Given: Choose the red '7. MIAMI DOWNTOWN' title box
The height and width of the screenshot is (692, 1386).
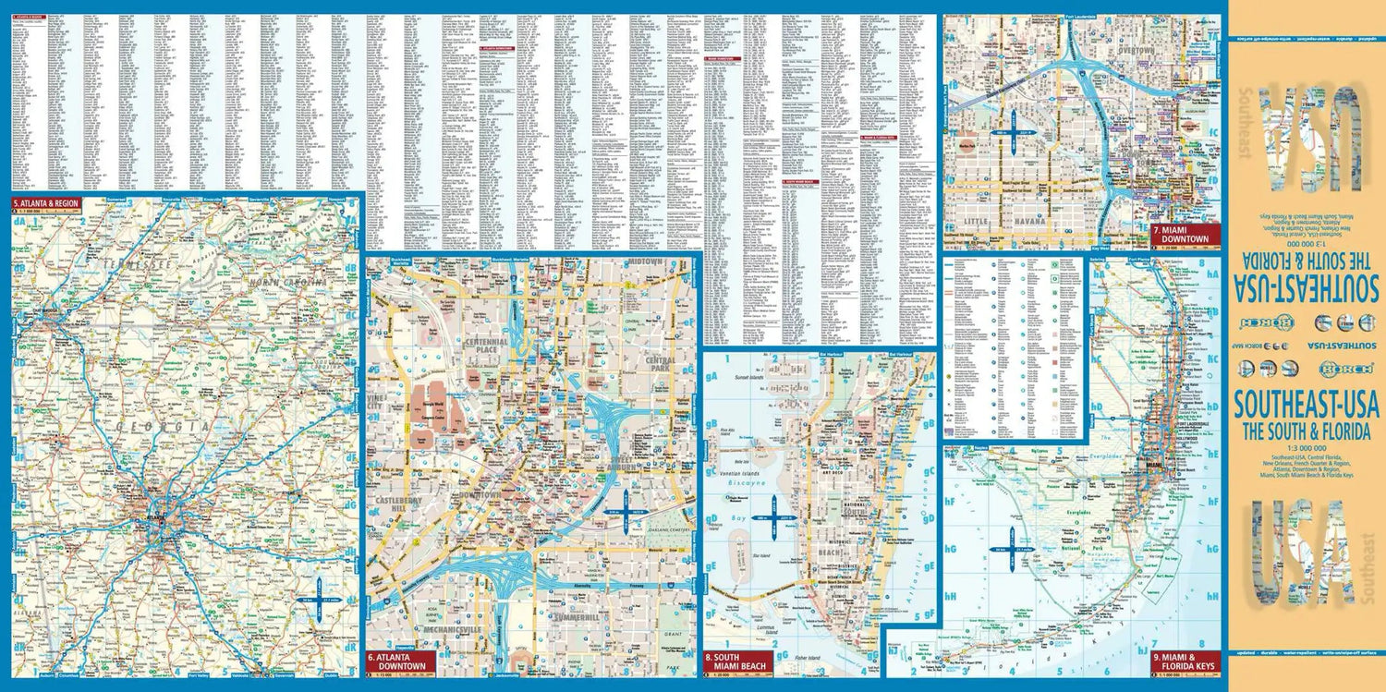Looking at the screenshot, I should pos(1179,234).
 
